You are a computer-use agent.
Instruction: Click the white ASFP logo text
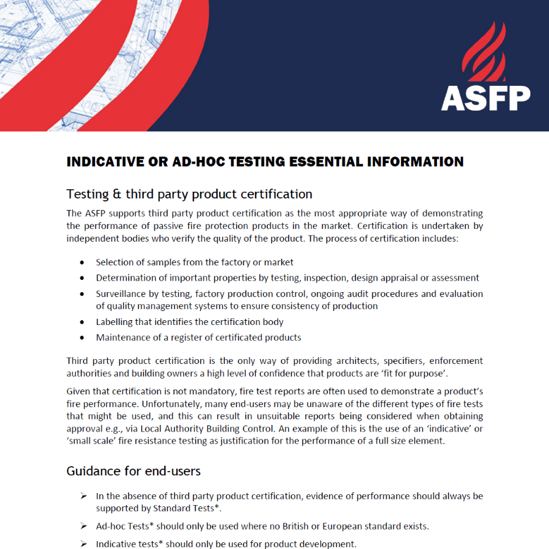485,97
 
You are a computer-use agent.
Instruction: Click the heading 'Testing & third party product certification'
189,194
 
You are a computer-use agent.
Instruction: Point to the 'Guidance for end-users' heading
133,471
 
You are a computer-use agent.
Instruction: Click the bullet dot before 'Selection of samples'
82,262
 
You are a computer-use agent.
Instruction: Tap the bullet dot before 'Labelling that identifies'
82,322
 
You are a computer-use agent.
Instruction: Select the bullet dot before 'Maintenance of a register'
82,338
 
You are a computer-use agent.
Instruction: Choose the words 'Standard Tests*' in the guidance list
186,508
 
